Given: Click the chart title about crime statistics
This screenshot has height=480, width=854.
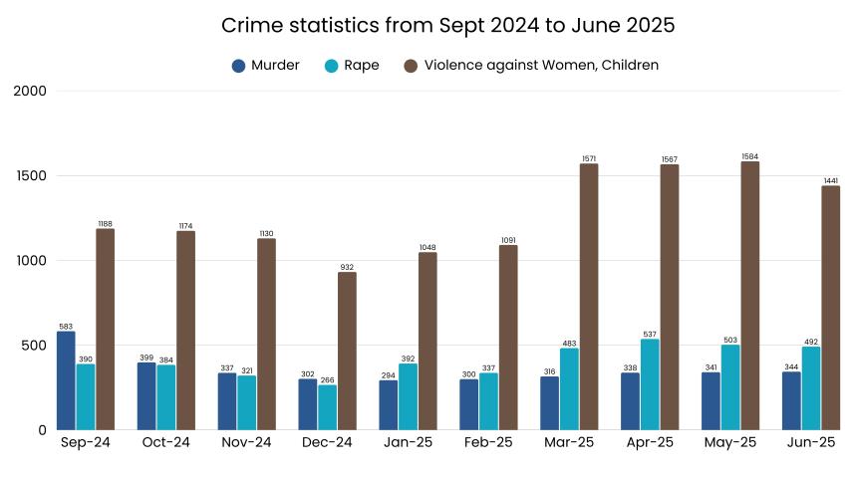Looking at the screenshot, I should pos(447,26).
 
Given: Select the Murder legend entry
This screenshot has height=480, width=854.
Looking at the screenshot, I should pos(265,66).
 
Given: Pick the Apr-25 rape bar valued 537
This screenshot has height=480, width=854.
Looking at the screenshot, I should pos(650,384).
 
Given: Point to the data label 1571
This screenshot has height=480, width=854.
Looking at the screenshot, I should pos(589,157).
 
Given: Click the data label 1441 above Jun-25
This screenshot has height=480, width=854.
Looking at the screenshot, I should pos(830,180).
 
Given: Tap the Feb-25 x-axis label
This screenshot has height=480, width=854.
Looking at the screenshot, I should pos(488,443).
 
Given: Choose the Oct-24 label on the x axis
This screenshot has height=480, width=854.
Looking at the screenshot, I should pos(166,443).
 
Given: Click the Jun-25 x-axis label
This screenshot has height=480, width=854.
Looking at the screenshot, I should pos(811,443).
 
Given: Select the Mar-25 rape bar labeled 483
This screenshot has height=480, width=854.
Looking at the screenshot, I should pos(569,389).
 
